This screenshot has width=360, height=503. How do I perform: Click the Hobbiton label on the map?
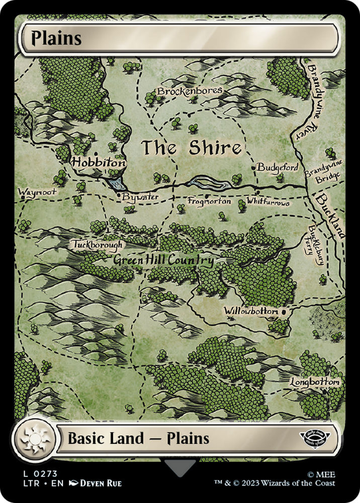point(98,163)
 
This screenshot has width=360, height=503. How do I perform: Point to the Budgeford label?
point(278,167)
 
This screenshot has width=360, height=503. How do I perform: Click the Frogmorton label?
point(209,201)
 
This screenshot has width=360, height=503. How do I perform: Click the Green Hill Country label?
point(163,261)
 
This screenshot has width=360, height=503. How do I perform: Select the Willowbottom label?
point(251,312)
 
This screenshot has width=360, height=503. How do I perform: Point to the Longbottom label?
point(315,383)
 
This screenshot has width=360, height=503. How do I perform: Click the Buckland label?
point(330,216)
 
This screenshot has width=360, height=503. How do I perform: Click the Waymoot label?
point(37,192)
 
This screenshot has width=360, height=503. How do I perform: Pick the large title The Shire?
point(191,148)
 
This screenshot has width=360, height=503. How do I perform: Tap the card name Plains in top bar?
point(56,38)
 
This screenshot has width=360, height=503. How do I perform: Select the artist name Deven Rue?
point(100,483)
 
